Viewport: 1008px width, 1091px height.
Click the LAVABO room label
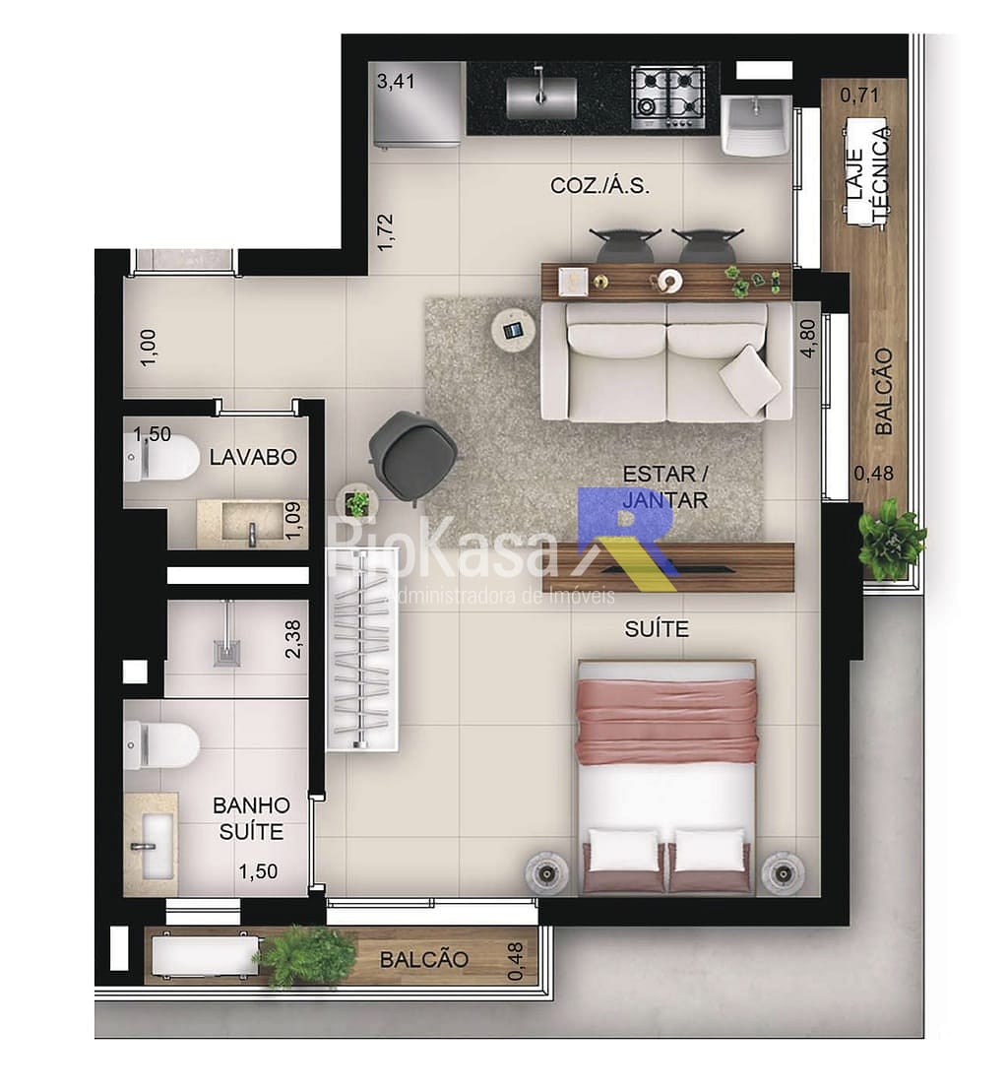click(x=253, y=457)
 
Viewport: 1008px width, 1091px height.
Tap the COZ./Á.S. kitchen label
click(x=599, y=186)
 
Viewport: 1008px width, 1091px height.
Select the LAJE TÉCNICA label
click(x=867, y=178)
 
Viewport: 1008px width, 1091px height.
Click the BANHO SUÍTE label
click(x=251, y=818)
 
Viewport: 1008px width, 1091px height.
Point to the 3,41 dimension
click(x=396, y=82)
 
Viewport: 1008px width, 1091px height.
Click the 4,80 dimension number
click(x=808, y=338)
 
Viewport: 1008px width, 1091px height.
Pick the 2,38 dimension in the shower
click(x=293, y=639)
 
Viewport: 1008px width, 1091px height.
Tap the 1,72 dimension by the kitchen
click(x=385, y=232)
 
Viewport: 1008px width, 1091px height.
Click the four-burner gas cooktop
click(x=667, y=97)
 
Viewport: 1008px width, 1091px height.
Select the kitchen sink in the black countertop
click(x=541, y=96)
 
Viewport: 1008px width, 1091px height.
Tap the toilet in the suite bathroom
click(x=161, y=745)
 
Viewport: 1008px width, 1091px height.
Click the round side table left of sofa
click(x=514, y=330)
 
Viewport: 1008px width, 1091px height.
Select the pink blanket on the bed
click(x=667, y=722)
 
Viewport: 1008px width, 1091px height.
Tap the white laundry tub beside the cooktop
click(x=755, y=124)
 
